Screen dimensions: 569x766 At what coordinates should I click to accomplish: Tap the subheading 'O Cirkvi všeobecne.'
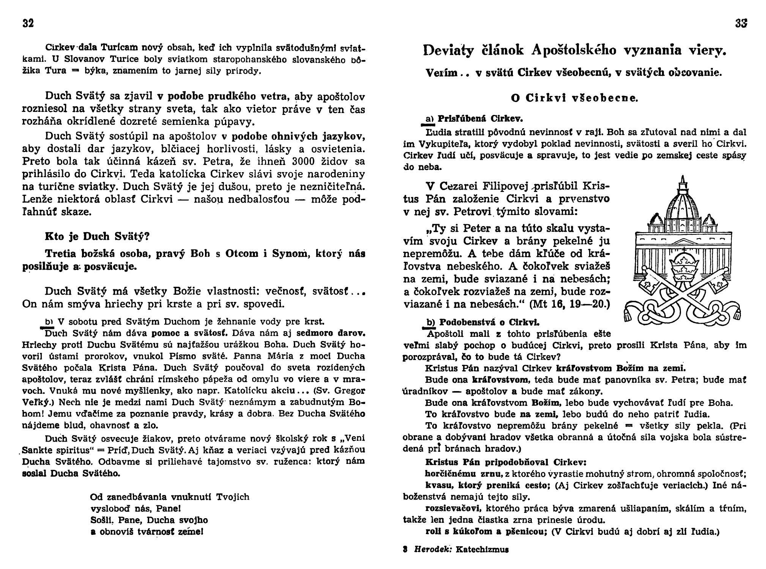click(575, 98)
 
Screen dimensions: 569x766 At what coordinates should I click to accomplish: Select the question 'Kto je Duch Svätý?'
click(97, 236)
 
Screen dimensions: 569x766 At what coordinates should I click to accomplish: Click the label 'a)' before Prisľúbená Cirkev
click(429, 119)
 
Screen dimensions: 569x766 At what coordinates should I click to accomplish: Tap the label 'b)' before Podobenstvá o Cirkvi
click(430, 323)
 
